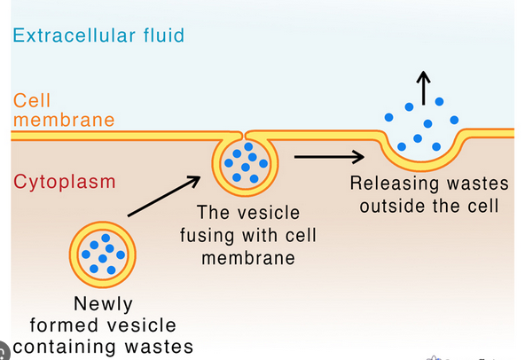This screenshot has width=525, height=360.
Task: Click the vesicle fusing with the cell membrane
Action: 245,163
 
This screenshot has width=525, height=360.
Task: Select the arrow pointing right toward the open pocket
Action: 328,158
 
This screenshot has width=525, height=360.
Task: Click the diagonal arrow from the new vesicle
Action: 163,198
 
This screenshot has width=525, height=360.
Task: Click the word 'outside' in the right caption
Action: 385,207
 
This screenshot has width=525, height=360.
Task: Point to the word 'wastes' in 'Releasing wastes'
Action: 476,184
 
